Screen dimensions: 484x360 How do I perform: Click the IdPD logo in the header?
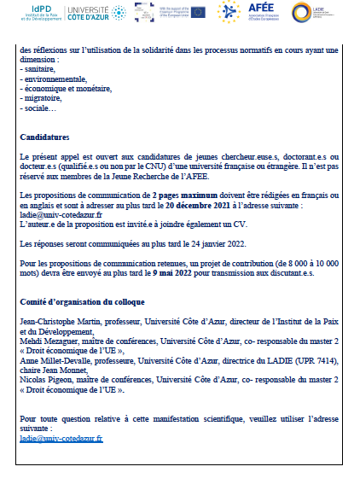pos(36,14)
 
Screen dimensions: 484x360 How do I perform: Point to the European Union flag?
pos(198,12)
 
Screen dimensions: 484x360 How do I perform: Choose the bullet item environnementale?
pos(49,79)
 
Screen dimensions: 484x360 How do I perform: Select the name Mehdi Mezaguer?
pos(48,341)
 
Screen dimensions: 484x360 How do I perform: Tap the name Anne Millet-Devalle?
pos(52,359)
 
